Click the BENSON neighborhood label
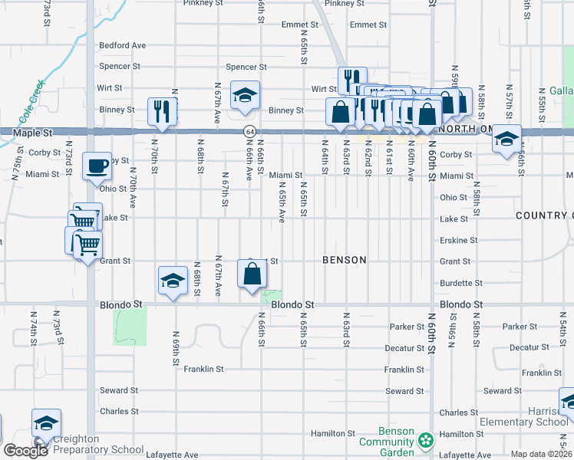pyautogui.click(x=344, y=260)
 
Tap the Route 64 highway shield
pyautogui.click(x=250, y=132)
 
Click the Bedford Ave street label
pyautogui.click(x=122, y=46)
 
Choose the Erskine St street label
pyautogui.click(x=459, y=240)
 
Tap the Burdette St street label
pyautogui.click(x=461, y=283)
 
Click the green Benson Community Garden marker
pyautogui.click(x=426, y=441)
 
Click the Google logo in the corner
pyautogui.click(x=25, y=451)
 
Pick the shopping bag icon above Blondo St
pyautogui.click(x=252, y=274)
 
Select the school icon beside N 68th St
pyautogui.click(x=173, y=281)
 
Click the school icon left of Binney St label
pyautogui.click(x=246, y=96)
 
